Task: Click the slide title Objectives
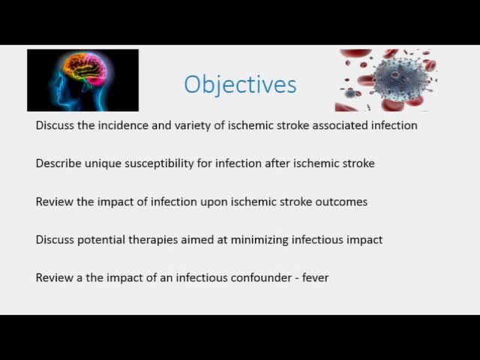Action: (x=240, y=84)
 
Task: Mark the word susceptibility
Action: (x=157, y=163)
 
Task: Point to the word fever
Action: (x=314, y=277)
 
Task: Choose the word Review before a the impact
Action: (x=55, y=277)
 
